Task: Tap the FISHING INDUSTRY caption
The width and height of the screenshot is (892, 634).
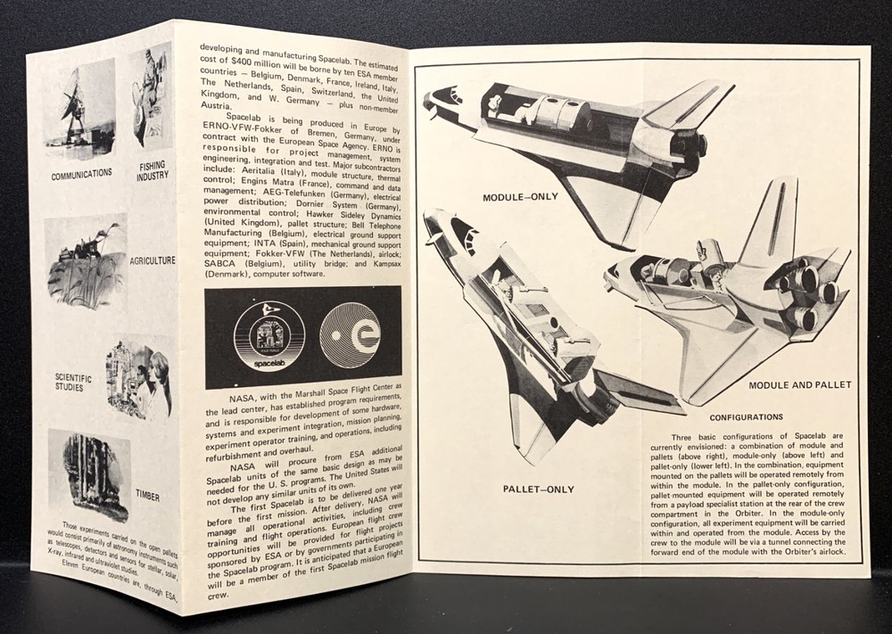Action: (153, 170)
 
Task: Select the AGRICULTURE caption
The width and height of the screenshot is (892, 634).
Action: (151, 261)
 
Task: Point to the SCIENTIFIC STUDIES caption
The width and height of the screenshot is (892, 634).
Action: (73, 383)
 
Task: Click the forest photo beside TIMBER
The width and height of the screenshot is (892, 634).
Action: (89, 473)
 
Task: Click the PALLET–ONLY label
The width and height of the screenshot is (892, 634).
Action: (538, 489)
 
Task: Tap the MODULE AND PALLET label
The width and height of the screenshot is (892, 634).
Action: (800, 385)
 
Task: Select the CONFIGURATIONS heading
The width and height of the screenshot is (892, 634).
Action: (746, 416)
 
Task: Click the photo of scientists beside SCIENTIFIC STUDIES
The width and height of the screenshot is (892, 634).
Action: (138, 379)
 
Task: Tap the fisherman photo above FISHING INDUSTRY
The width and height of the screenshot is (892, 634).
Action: (149, 98)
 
